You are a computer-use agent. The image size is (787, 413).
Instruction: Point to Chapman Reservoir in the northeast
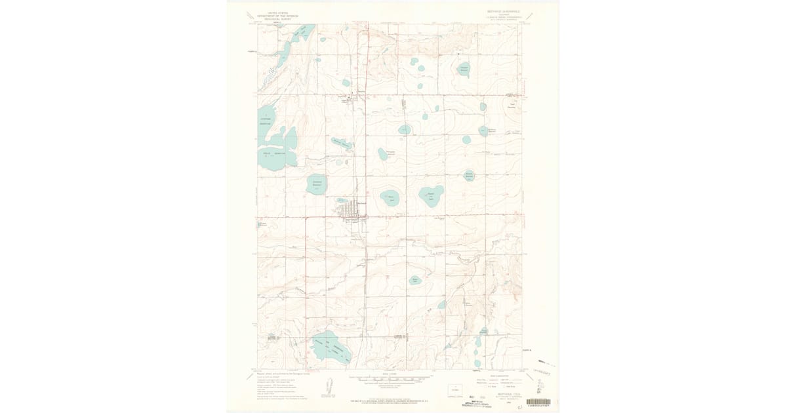point(464,69)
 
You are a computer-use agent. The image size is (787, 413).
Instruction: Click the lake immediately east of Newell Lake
point(432,195)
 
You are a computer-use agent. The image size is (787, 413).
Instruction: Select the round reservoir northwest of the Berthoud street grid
point(317,184)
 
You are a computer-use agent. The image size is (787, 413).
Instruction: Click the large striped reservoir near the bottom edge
point(331,347)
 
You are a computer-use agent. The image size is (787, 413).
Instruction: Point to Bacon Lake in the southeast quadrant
point(414,280)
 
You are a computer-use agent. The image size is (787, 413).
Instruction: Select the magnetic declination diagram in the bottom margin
point(327,387)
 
